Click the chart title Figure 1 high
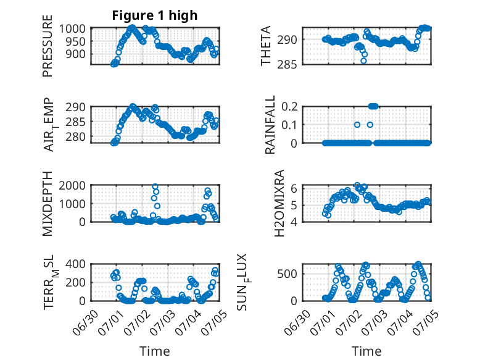point(155,15)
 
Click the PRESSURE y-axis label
point(48,46)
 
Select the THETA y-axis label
point(266,46)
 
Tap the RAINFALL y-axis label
point(270,125)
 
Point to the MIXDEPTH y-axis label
point(48,204)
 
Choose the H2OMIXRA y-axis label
point(279,203)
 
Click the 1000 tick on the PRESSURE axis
point(72,29)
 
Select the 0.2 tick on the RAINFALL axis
point(289,107)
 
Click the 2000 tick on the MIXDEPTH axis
point(72,186)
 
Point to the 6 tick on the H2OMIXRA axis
point(294,188)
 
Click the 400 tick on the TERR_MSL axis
point(75,264)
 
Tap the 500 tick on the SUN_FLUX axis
point(287,274)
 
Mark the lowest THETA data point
point(363,61)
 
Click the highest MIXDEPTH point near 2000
point(155,186)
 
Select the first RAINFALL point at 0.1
point(357,125)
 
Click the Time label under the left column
point(155,351)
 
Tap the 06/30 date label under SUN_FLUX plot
point(297,322)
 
